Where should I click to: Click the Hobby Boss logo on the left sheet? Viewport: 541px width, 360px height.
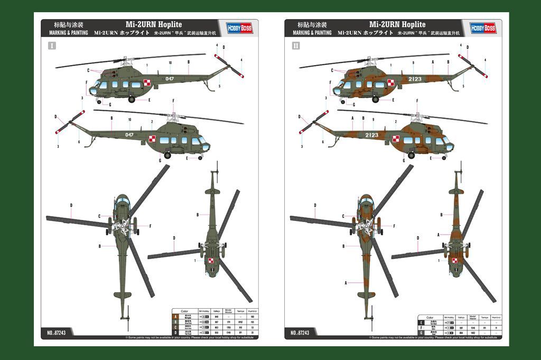(240, 27)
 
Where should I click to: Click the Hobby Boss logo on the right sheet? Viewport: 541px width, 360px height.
(483, 27)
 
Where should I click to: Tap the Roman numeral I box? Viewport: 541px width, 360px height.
(51, 45)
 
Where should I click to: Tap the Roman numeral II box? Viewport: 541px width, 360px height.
(295, 45)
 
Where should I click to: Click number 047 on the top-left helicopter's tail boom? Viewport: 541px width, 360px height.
(170, 79)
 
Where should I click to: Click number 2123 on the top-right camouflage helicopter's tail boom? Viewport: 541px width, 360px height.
(415, 79)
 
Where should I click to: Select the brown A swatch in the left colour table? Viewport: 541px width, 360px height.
(175, 316)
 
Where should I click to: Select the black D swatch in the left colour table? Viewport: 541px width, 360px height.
(175, 331)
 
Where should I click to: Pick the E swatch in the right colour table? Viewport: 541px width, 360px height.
(421, 322)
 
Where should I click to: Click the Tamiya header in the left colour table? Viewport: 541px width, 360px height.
(240, 311)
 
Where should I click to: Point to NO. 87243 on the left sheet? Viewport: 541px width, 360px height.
(57, 333)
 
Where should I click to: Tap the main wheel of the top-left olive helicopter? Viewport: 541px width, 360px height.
(131, 99)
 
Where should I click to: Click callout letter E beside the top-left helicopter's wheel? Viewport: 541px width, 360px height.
(150, 100)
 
